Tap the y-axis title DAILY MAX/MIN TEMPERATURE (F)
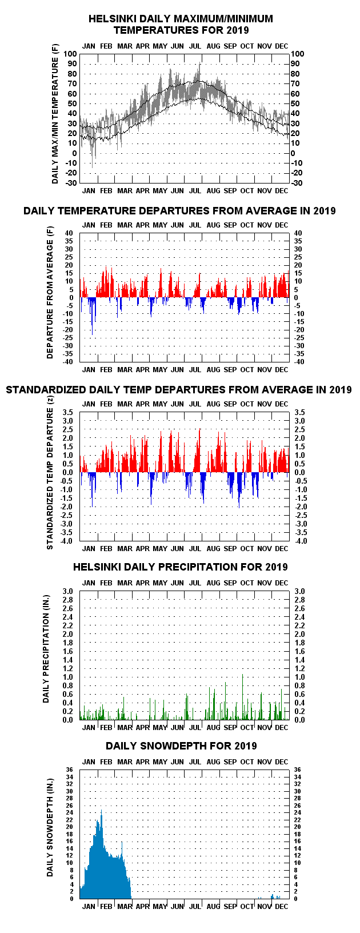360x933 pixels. (55, 121)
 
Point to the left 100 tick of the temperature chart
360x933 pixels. (70, 54)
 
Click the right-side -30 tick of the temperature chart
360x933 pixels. (297, 183)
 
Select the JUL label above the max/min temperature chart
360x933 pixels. (195, 46)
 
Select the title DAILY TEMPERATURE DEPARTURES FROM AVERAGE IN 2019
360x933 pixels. (179, 211)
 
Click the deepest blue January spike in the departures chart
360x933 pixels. (93, 333)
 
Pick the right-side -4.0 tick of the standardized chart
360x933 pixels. (301, 541)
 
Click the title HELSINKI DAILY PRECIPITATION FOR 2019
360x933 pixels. (180, 567)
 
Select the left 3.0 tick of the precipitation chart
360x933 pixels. (68, 592)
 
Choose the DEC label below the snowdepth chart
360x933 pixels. (281, 907)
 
